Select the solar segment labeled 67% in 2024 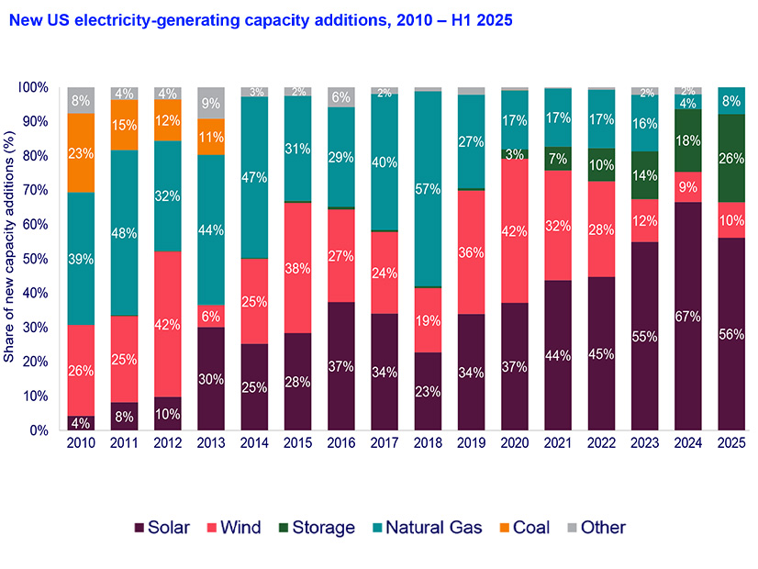pos(688,316)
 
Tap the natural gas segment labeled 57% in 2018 pos(428,188)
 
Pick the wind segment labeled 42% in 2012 pos(168,324)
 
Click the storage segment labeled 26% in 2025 pos(730,158)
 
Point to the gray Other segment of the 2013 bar pos(211,103)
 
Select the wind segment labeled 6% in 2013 pos(211,316)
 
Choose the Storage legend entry pos(316,528)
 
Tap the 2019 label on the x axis pos(471,443)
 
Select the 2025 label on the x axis pos(730,443)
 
